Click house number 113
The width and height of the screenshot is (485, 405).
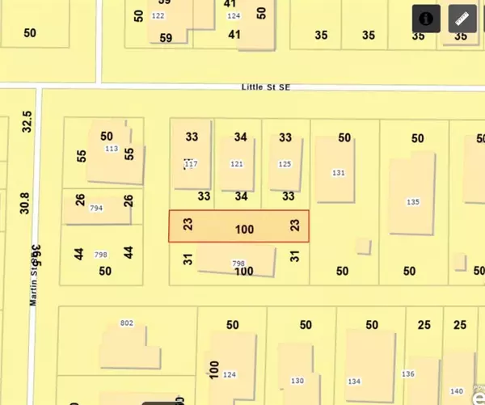point(112,149)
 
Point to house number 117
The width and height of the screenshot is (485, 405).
point(191,164)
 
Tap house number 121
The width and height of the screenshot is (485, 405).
point(236,164)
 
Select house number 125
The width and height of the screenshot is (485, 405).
point(284,164)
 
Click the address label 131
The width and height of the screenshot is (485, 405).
point(339,173)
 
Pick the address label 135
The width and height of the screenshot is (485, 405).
point(413,202)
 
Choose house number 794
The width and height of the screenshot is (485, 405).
point(96,209)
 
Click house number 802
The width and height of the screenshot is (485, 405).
point(126,323)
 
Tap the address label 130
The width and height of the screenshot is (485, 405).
point(297,381)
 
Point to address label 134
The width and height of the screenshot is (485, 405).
point(354,381)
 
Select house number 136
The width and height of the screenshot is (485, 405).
point(408,373)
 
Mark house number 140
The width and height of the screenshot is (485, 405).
point(457,391)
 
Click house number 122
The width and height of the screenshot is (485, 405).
point(158,16)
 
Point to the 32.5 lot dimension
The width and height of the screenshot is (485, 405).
point(27,121)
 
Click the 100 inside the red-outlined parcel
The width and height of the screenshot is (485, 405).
point(244,230)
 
